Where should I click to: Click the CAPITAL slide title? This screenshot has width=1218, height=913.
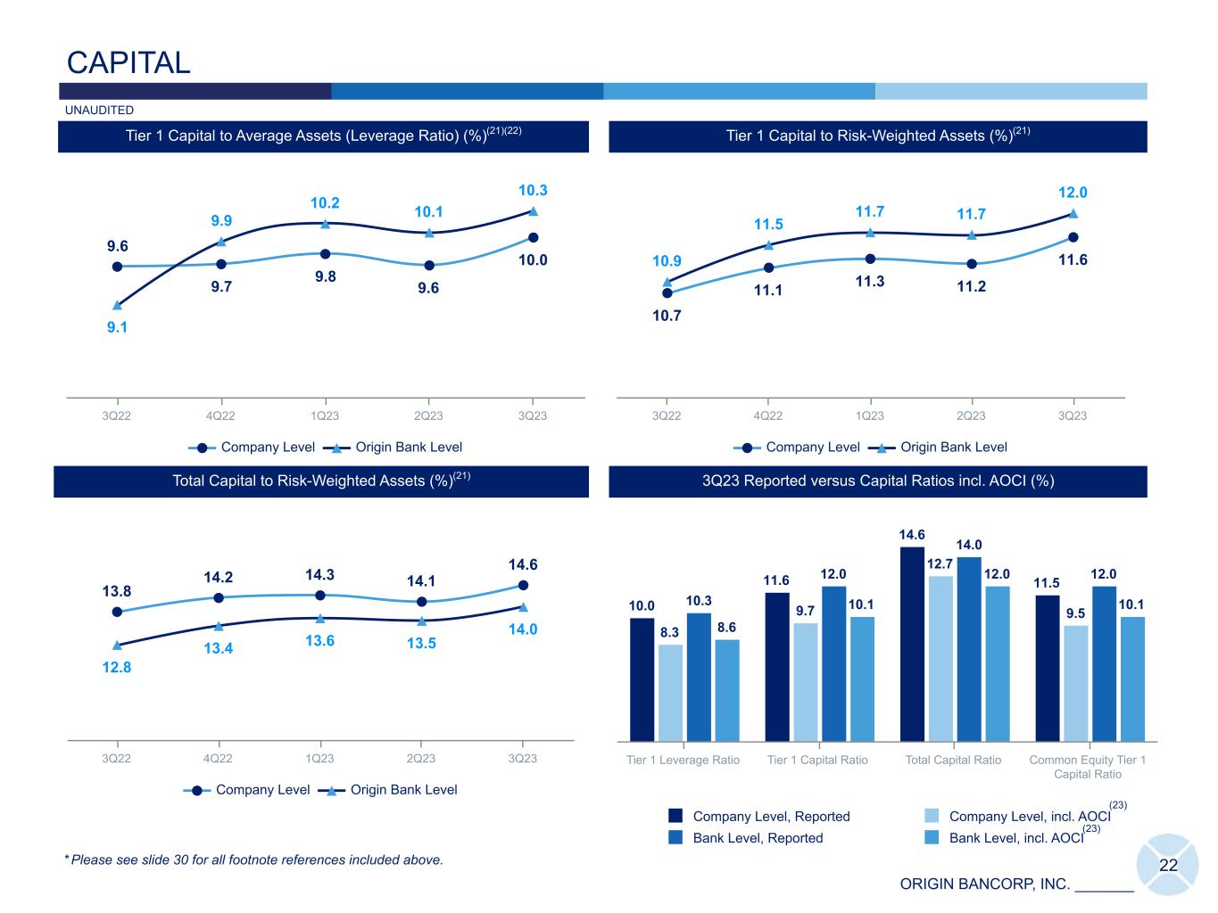128,62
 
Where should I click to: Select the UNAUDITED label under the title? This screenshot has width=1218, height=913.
99,111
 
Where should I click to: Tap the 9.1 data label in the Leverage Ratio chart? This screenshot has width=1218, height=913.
117,327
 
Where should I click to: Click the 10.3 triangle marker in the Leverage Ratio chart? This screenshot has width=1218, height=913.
533,211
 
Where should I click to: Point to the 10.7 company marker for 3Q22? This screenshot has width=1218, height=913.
667,292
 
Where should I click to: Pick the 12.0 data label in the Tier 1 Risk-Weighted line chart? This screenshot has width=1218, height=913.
1073,193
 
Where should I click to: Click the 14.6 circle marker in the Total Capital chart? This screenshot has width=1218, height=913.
523,585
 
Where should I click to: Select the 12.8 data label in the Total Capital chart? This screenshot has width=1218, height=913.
117,667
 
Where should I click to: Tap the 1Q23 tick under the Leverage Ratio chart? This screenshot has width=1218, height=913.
325,415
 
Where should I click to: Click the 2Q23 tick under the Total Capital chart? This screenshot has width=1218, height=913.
421,759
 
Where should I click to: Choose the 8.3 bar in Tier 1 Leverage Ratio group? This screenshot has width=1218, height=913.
670,692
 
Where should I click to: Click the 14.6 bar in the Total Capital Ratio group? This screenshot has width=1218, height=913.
912,644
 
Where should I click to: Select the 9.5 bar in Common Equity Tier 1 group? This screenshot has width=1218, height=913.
1075,683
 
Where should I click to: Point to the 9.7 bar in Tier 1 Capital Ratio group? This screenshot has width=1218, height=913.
805,681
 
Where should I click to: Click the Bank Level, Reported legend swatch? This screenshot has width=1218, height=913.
675,837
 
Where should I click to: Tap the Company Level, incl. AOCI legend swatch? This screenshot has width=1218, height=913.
932,816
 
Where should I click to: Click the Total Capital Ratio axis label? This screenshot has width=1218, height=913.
953,761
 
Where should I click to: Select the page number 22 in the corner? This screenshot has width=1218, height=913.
1168,866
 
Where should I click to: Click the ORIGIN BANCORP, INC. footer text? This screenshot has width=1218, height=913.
984,884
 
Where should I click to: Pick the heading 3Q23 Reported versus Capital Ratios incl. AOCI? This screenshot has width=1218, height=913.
878,481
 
